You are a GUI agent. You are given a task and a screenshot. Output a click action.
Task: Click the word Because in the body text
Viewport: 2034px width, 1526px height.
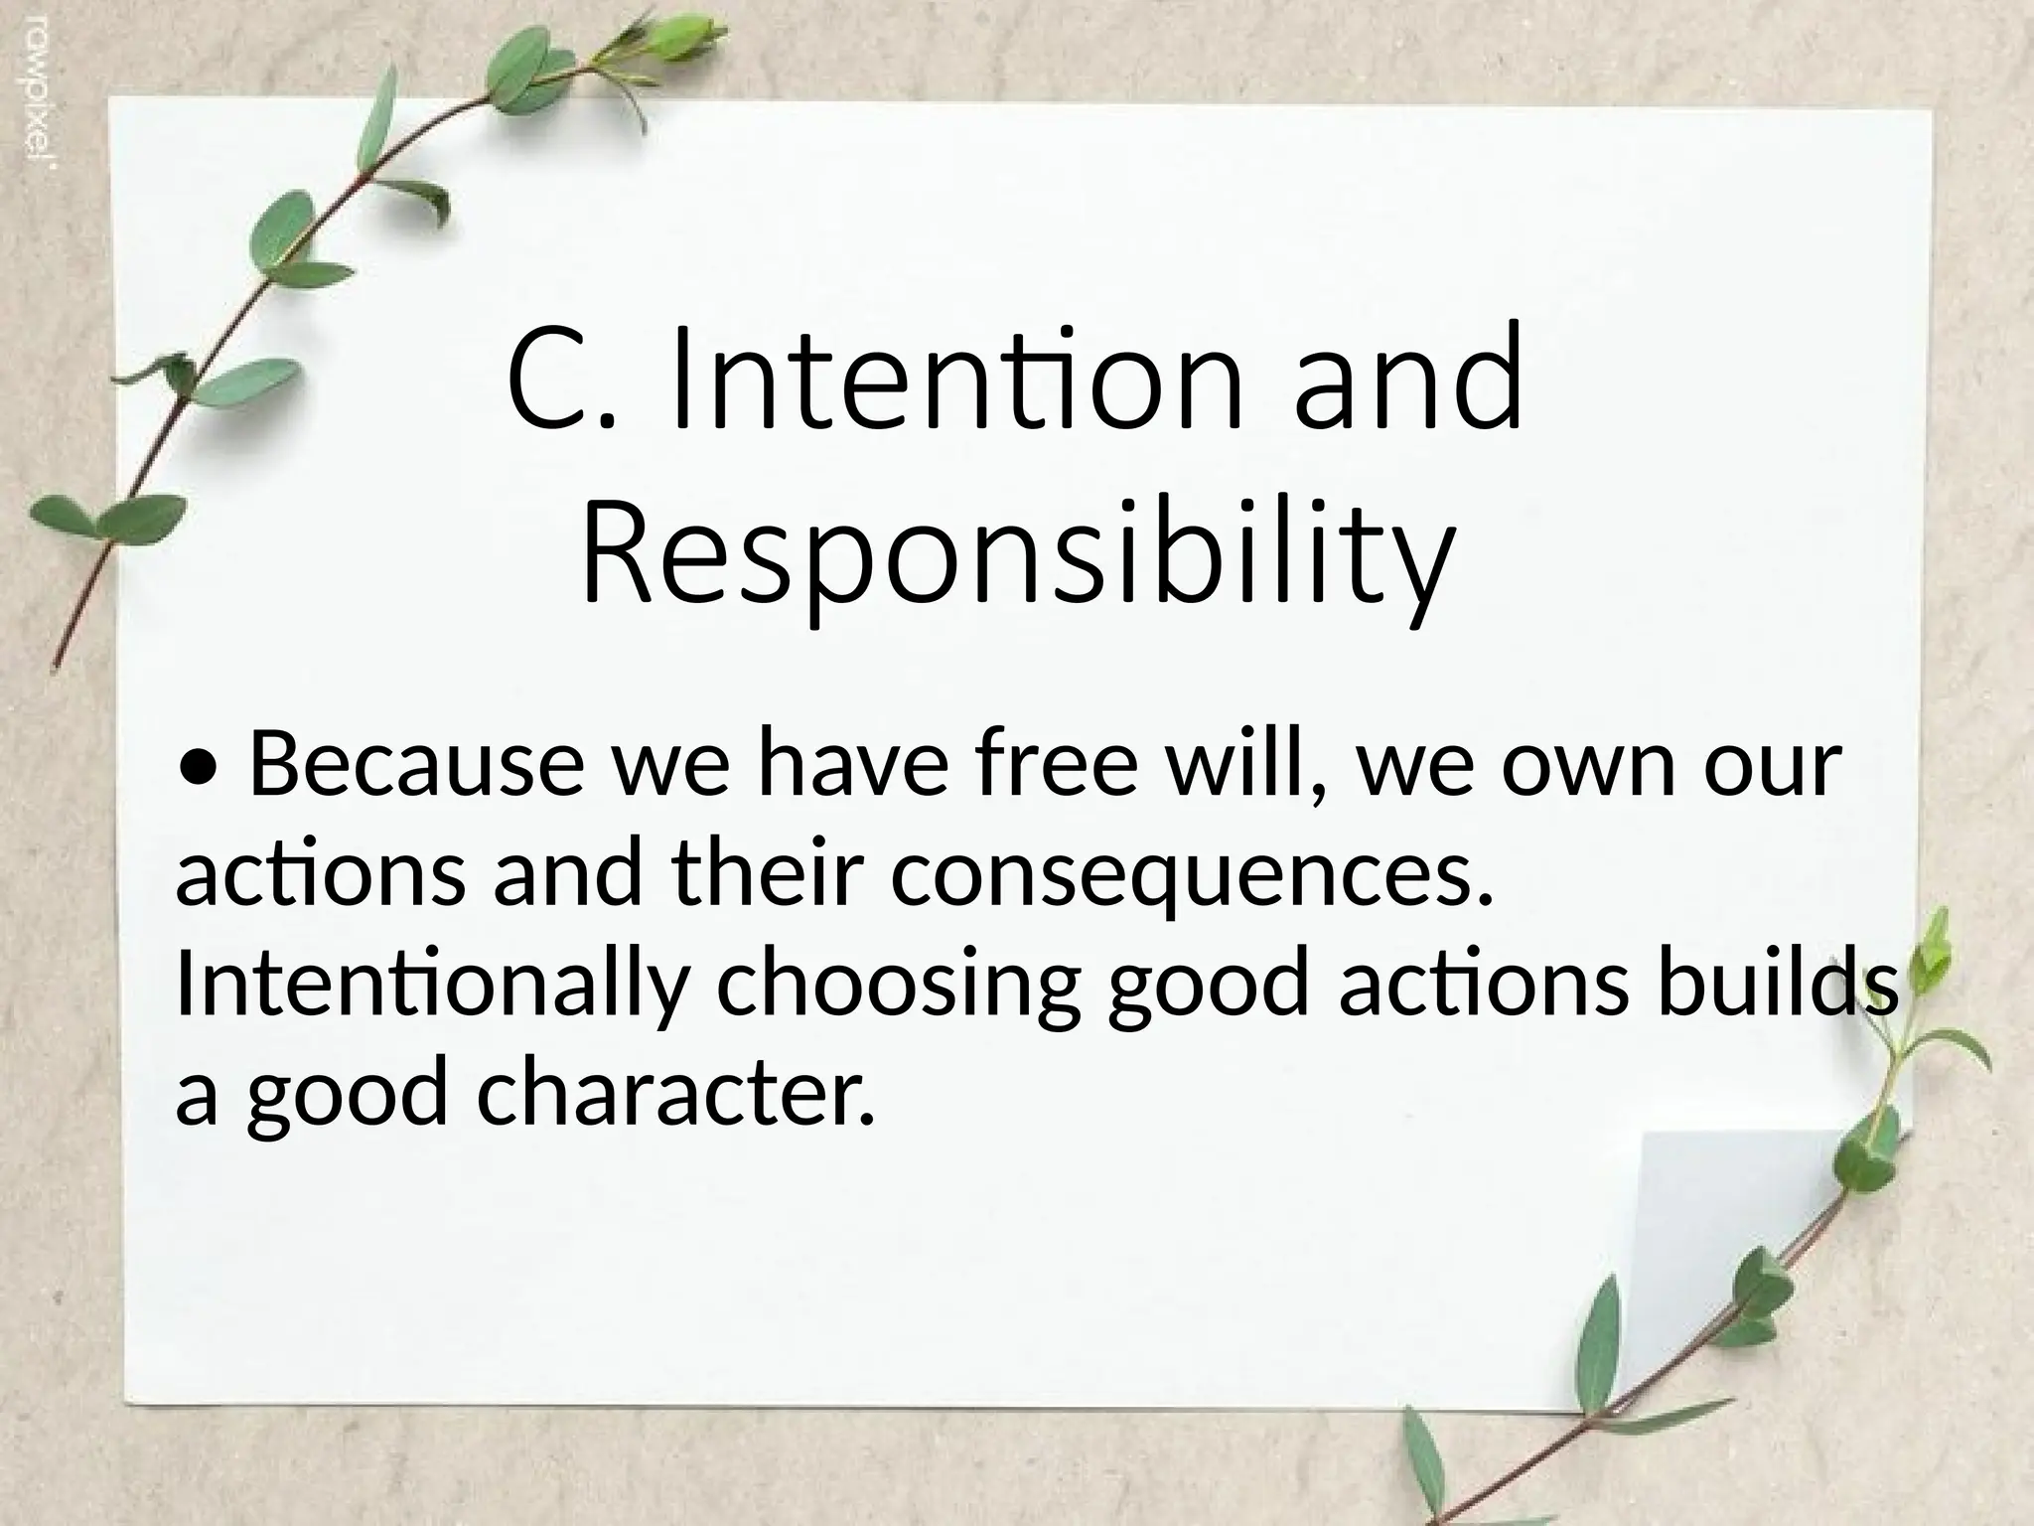pos(416,764)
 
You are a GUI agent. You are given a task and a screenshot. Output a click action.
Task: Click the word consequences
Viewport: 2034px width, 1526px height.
pos(1192,875)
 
